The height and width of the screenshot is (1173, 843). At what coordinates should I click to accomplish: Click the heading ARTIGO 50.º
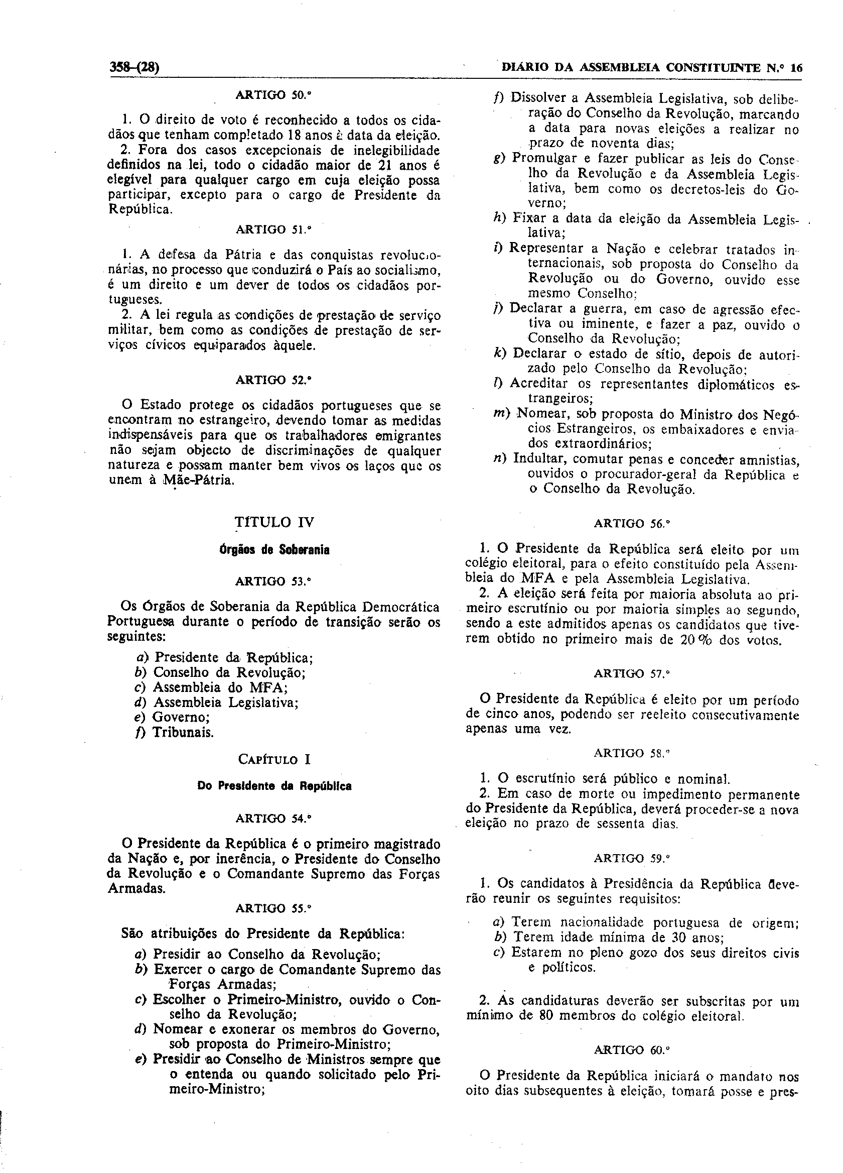[273, 95]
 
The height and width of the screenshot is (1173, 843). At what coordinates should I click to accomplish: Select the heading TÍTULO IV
[274, 522]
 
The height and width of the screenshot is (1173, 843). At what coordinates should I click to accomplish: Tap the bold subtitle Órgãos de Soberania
[274, 550]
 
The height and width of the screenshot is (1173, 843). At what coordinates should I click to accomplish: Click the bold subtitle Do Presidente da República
[274, 786]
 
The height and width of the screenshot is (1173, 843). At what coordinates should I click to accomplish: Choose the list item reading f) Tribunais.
[174, 732]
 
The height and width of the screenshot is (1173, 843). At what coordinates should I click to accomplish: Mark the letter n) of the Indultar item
[500, 459]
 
